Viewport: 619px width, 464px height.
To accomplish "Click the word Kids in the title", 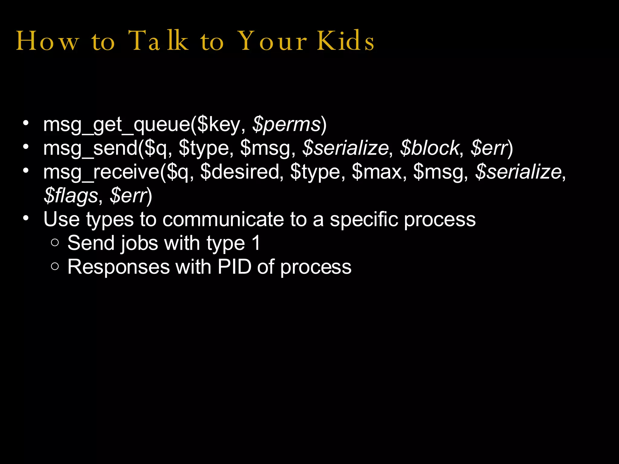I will [345, 41].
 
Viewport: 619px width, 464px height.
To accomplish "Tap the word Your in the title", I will [272, 41].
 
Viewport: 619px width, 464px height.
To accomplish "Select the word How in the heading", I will [47, 41].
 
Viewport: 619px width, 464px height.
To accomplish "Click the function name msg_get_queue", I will [116, 124].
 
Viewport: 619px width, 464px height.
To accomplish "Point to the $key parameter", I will [219, 124].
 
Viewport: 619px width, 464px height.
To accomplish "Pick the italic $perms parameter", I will [286, 124].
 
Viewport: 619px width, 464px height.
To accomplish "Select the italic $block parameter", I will [429, 148].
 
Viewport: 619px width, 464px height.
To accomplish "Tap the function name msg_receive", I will [101, 172].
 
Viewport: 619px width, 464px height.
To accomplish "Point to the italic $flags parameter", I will [71, 196].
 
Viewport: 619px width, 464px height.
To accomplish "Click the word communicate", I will [223, 219].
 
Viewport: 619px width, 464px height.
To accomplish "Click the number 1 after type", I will [256, 243].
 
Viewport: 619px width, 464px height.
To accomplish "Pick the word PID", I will [235, 267].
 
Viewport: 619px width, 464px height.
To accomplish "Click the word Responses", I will [118, 267].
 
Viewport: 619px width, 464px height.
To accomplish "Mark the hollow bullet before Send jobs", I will [55, 243].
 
